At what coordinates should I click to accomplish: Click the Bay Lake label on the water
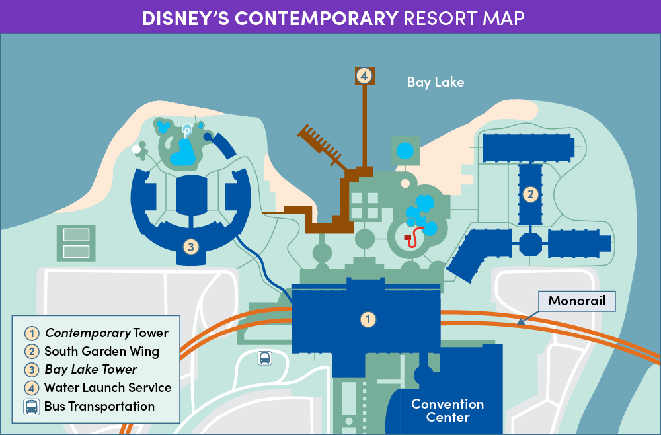coord(436,82)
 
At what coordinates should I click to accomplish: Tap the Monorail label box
coord(576,301)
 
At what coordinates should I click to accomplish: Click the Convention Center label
coord(447,411)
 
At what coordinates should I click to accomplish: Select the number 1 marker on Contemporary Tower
coord(368,319)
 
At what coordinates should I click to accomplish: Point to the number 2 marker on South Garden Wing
coord(530,194)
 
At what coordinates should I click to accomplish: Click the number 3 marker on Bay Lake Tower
coord(191,247)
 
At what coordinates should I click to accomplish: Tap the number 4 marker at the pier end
coord(365,76)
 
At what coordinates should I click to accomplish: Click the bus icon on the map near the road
coord(265,358)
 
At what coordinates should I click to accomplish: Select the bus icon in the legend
coord(31,407)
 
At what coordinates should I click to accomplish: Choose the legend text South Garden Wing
coord(102,351)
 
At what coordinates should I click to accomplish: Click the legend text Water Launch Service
coord(108,388)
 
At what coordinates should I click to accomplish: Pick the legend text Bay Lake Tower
coord(91,370)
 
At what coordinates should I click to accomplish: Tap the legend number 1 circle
coord(32,333)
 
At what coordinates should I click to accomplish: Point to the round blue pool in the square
coord(405,151)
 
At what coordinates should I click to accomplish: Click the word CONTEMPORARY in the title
coord(317,18)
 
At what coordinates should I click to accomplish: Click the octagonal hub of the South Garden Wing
coord(530,244)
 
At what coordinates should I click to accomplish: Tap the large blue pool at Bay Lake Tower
coord(182,153)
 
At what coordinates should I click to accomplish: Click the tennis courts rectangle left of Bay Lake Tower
coord(76,243)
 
